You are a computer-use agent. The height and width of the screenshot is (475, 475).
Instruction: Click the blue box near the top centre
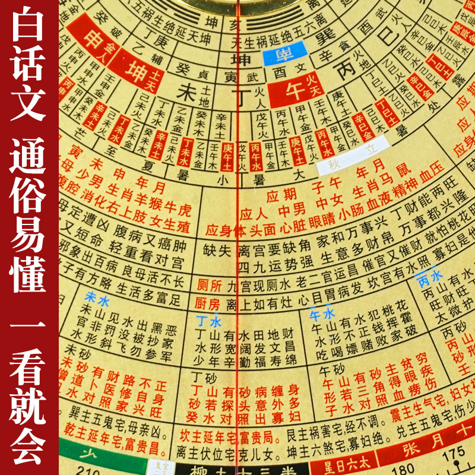coord(284,55)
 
